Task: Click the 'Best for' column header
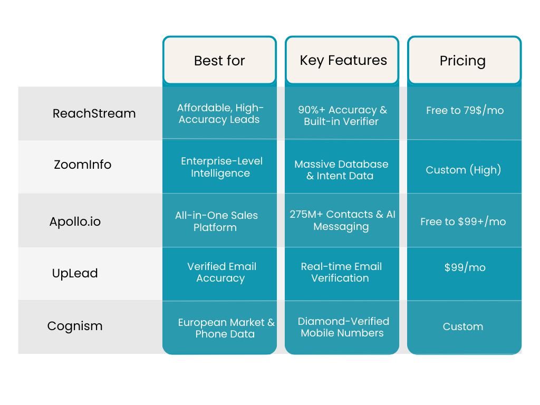click(219, 61)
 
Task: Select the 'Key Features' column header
click(343, 61)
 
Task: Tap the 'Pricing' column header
click(463, 61)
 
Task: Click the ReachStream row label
click(94, 113)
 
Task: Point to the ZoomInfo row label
click(83, 165)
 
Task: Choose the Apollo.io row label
click(75, 221)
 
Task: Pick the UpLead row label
click(75, 273)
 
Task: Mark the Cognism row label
click(75, 326)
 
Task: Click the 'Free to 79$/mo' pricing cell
click(465, 111)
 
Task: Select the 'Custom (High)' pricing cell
click(464, 170)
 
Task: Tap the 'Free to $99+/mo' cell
click(463, 221)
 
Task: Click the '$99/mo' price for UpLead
click(465, 267)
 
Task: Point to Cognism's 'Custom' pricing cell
click(463, 326)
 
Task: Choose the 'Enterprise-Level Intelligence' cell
click(221, 167)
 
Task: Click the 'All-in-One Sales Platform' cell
click(216, 221)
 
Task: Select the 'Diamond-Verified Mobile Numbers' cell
click(343, 327)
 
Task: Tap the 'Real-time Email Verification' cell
click(341, 272)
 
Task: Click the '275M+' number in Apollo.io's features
click(306, 215)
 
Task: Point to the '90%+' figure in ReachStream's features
click(311, 110)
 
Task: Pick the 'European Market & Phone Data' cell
click(226, 328)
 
